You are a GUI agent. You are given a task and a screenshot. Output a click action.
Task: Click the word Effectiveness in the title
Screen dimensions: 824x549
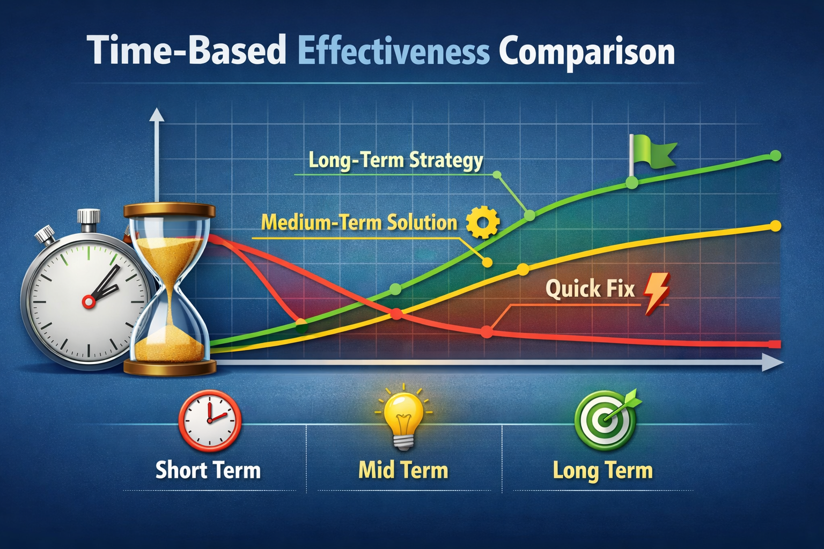coord(394,51)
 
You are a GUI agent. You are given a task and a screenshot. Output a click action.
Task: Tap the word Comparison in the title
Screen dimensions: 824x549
coord(587,53)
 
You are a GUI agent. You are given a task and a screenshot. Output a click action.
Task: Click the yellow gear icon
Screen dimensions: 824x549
coord(483,222)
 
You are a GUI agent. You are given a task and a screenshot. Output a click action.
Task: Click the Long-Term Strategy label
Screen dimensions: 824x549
coord(396,161)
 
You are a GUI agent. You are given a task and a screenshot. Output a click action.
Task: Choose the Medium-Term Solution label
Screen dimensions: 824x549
coord(359,223)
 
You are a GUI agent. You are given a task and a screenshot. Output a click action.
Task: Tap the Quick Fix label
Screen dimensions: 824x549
coord(590,288)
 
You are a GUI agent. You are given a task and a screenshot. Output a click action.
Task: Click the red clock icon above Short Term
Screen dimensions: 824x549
coord(210,421)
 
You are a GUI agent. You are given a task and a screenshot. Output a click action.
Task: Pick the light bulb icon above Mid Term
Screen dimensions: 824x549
coord(403,417)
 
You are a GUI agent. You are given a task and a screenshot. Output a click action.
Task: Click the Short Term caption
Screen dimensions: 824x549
coord(208,470)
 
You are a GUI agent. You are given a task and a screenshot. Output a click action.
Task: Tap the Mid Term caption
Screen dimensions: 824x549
coord(403,470)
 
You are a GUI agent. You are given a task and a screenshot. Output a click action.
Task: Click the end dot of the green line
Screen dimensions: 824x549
coord(775,155)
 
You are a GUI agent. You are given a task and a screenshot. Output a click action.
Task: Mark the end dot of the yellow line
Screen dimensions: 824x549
coord(775,226)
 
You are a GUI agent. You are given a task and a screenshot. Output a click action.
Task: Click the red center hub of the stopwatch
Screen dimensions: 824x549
coord(89,302)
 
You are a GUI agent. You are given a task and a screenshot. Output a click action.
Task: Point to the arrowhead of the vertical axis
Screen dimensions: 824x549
coord(157,114)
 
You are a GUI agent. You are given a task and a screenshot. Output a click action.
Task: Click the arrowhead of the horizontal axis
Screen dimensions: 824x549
coord(773,363)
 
